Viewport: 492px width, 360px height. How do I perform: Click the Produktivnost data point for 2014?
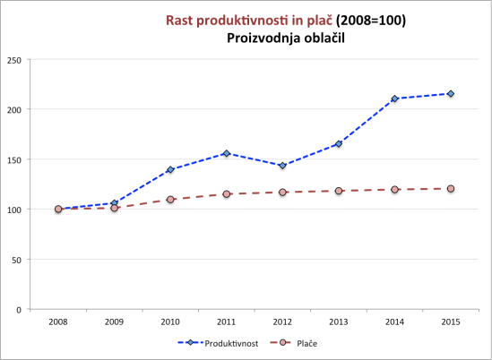[x=394, y=99]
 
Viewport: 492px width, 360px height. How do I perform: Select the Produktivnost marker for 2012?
[x=282, y=166]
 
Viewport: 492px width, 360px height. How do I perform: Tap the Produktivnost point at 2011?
[x=227, y=153]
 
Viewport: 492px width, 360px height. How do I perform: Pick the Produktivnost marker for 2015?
[x=451, y=94]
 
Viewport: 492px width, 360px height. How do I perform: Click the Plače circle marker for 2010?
[x=170, y=200]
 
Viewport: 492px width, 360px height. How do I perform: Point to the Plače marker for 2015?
[x=451, y=188]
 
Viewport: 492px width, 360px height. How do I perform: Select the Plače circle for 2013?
[x=339, y=191]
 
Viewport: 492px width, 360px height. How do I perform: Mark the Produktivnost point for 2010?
[x=170, y=169]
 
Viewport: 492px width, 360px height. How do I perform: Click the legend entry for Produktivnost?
[x=231, y=342]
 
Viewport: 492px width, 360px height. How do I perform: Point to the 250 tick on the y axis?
[x=14, y=60]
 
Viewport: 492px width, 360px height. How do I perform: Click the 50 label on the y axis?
[x=17, y=260]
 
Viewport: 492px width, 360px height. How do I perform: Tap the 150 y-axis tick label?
[x=14, y=159]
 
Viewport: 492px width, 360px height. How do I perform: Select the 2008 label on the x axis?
[x=58, y=320]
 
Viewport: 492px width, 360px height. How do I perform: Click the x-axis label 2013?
[x=339, y=320]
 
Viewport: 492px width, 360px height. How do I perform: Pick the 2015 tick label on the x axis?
[x=451, y=320]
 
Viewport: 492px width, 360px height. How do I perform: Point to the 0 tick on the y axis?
[x=20, y=310]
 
